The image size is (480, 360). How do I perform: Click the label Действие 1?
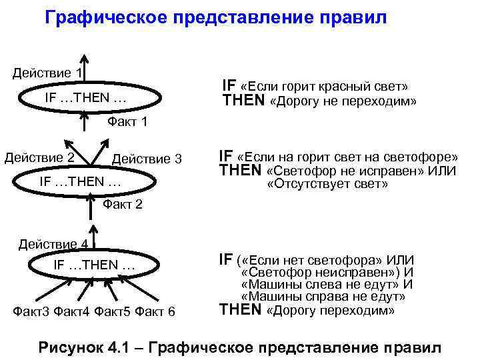[47, 73]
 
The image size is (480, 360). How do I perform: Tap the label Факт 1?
[127, 122]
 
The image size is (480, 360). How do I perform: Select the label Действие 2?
[39, 158]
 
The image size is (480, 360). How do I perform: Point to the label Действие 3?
[147, 159]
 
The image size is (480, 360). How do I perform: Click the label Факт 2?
[123, 204]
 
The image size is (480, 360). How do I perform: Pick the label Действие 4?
[53, 244]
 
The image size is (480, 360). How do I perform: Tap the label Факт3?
[32, 311]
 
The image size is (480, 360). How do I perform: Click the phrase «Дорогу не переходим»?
[342, 102]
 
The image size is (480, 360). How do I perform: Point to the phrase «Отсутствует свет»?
[327, 184]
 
